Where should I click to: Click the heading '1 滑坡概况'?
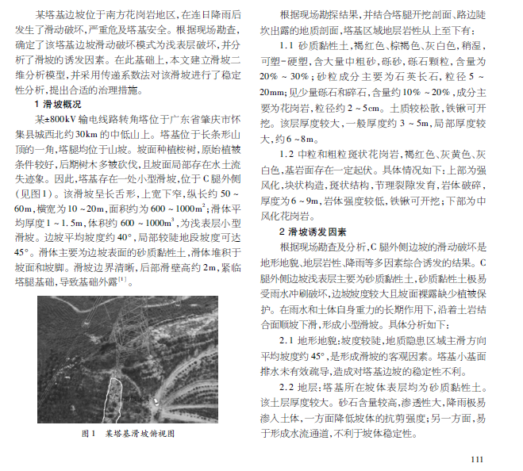click(60, 104)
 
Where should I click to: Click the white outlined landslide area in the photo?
click(113, 396)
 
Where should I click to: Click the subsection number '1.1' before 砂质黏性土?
click(287, 45)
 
